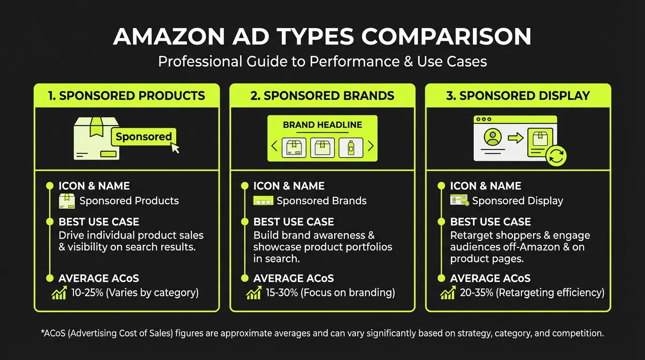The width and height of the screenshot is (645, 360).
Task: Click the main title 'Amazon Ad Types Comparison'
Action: click(322, 37)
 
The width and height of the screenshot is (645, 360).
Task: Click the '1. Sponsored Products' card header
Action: click(127, 96)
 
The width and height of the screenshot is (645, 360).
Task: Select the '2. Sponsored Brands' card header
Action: click(322, 96)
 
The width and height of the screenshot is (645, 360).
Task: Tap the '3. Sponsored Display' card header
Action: click(518, 96)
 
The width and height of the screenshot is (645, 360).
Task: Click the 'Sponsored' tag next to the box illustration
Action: click(143, 137)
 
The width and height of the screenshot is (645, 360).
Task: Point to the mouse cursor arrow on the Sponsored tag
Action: click(175, 148)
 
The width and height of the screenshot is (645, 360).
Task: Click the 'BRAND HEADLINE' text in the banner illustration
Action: click(322, 125)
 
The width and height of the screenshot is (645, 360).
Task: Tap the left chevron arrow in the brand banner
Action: click(275, 146)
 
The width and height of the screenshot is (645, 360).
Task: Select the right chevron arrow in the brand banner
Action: click(370, 146)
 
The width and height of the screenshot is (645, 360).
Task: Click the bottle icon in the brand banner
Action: click(351, 148)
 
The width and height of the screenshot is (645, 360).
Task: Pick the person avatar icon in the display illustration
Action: click(492, 137)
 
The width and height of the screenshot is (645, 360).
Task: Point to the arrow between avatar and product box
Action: click(516, 138)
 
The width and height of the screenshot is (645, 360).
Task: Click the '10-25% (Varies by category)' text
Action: click(135, 293)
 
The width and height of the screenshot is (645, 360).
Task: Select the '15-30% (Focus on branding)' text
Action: click(330, 293)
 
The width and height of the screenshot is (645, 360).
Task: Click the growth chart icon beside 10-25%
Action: click(60, 293)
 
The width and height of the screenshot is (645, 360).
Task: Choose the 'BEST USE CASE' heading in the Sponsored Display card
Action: click(490, 222)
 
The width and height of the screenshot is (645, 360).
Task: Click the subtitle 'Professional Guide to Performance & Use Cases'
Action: click(322, 61)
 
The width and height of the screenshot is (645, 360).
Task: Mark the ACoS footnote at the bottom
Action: click(322, 334)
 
